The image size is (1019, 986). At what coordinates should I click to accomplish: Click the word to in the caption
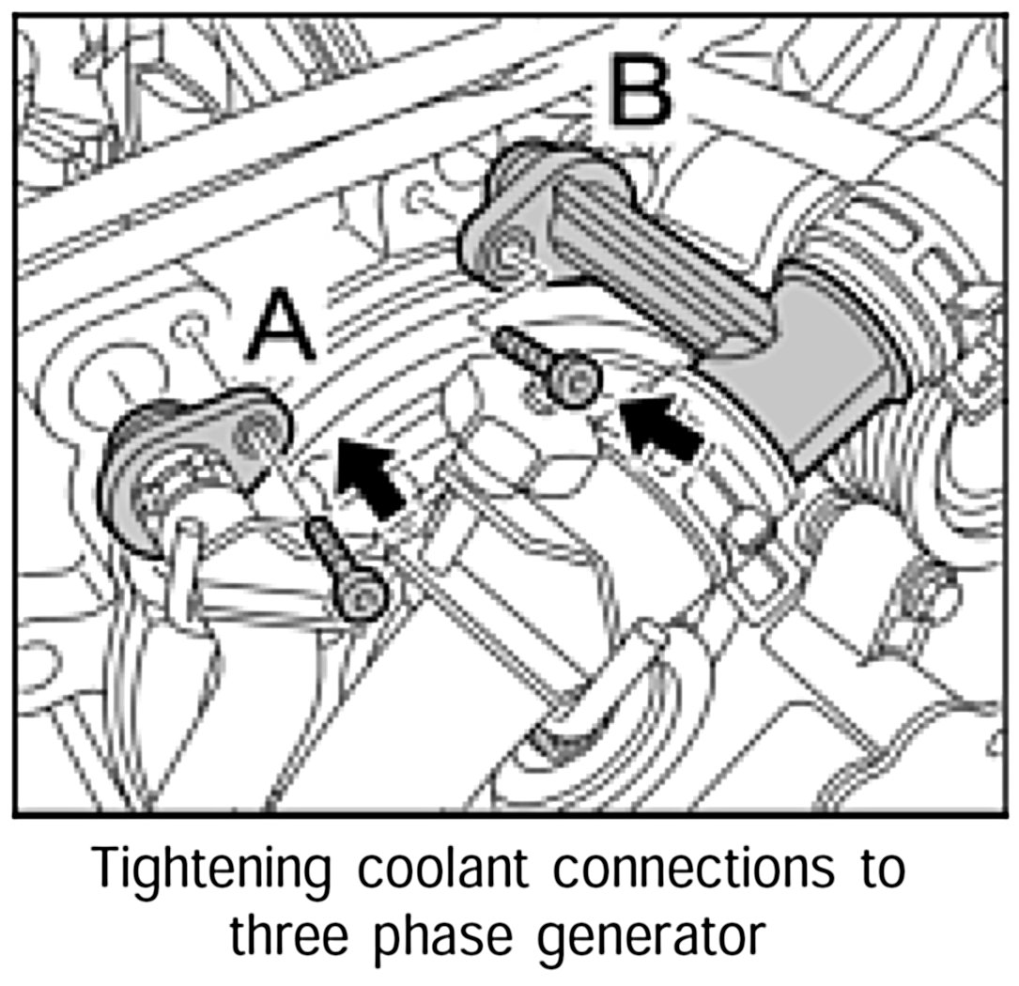tap(883, 870)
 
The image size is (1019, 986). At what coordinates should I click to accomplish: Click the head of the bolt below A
tap(363, 594)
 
